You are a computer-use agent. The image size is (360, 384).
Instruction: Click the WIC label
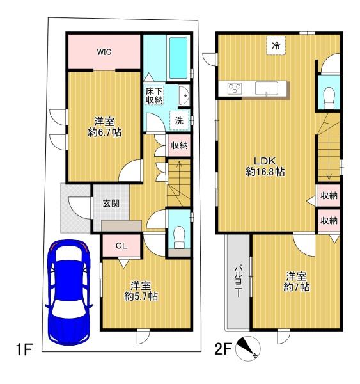tap(104, 52)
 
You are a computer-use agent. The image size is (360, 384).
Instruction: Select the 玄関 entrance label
tap(111, 204)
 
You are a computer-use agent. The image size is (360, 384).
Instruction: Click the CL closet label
tap(121, 246)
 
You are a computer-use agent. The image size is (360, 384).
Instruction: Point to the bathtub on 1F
tap(178, 58)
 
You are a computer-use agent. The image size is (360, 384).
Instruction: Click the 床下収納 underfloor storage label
tap(154, 95)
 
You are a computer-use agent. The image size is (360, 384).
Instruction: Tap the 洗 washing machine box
tap(180, 120)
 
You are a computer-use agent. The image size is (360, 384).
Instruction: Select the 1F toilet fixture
tap(179, 237)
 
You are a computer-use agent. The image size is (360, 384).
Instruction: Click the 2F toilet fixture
tap(329, 98)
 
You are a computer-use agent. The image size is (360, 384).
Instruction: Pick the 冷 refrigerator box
tap(276, 45)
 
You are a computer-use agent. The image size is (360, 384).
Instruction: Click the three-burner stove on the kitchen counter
tap(235, 88)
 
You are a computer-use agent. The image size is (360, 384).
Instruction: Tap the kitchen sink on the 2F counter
tap(267, 88)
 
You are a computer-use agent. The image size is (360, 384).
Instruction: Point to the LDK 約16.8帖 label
tap(265, 166)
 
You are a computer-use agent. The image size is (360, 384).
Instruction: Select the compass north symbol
tap(247, 348)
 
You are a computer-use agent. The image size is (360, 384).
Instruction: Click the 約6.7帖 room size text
tap(105, 132)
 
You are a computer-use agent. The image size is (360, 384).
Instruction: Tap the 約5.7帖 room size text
tap(141, 296)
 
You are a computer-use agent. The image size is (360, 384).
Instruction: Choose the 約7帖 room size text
tap(297, 287)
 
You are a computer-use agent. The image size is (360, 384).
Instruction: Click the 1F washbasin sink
tap(184, 96)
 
